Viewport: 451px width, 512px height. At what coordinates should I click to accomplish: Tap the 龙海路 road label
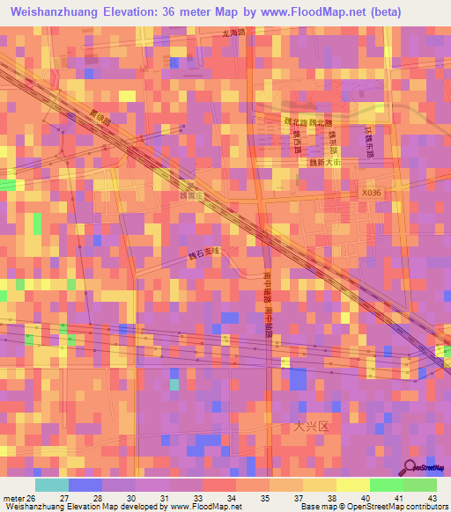click(x=235, y=33)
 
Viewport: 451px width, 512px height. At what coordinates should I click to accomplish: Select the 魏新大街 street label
click(x=323, y=163)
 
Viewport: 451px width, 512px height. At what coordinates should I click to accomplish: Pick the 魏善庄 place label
click(x=191, y=196)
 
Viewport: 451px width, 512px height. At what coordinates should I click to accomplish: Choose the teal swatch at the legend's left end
click(x=51, y=485)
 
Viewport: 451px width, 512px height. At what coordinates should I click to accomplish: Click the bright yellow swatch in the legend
click(x=352, y=485)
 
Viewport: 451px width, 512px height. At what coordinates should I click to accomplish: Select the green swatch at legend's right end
click(x=419, y=485)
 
